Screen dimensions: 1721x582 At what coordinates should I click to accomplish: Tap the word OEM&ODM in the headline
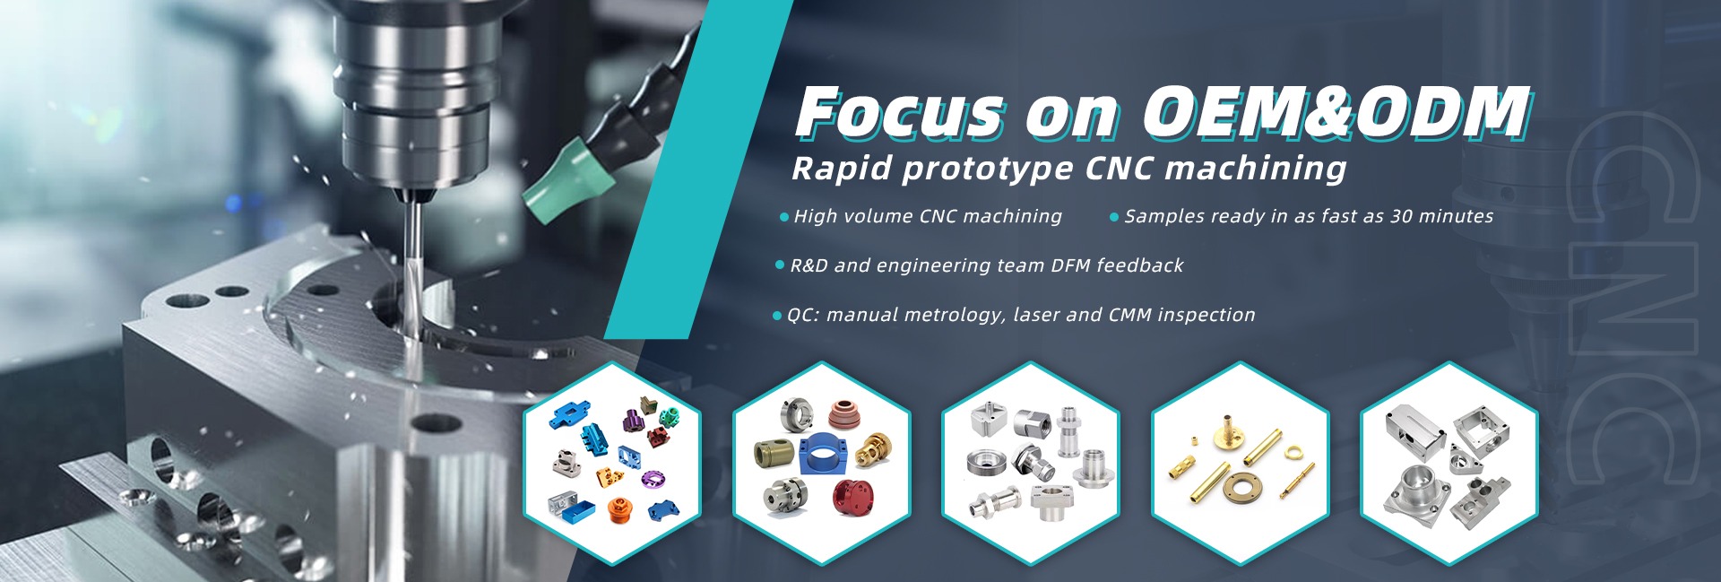(x=1336, y=113)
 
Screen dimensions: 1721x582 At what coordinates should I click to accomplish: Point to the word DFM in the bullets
(x=1069, y=265)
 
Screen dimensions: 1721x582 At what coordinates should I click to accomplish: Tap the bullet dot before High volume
(x=784, y=217)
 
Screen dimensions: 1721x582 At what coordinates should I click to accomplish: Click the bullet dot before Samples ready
(x=1114, y=217)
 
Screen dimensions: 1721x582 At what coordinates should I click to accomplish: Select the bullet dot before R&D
(x=780, y=265)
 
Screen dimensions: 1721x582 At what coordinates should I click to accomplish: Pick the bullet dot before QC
(x=777, y=316)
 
